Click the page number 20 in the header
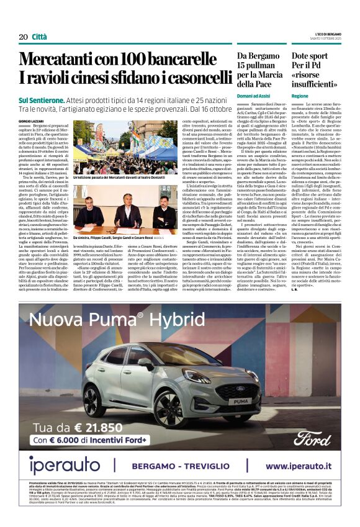tap(23, 37)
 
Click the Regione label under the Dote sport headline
tap(300, 96)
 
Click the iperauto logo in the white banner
tap(64, 465)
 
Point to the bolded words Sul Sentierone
tap(41, 99)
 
